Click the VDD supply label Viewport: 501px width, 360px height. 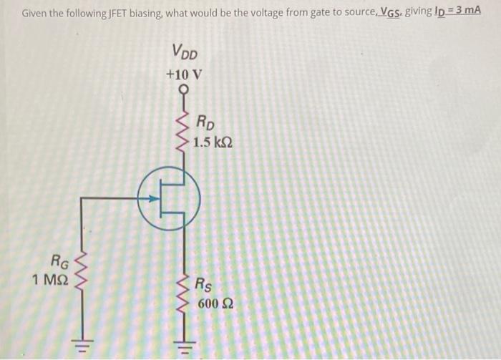tap(185, 53)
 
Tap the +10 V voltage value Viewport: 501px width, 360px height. tap(184, 74)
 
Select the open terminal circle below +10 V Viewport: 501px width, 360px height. tap(185, 89)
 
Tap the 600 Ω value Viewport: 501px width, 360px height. tap(215, 303)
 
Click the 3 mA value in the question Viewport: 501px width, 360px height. tap(466, 12)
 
